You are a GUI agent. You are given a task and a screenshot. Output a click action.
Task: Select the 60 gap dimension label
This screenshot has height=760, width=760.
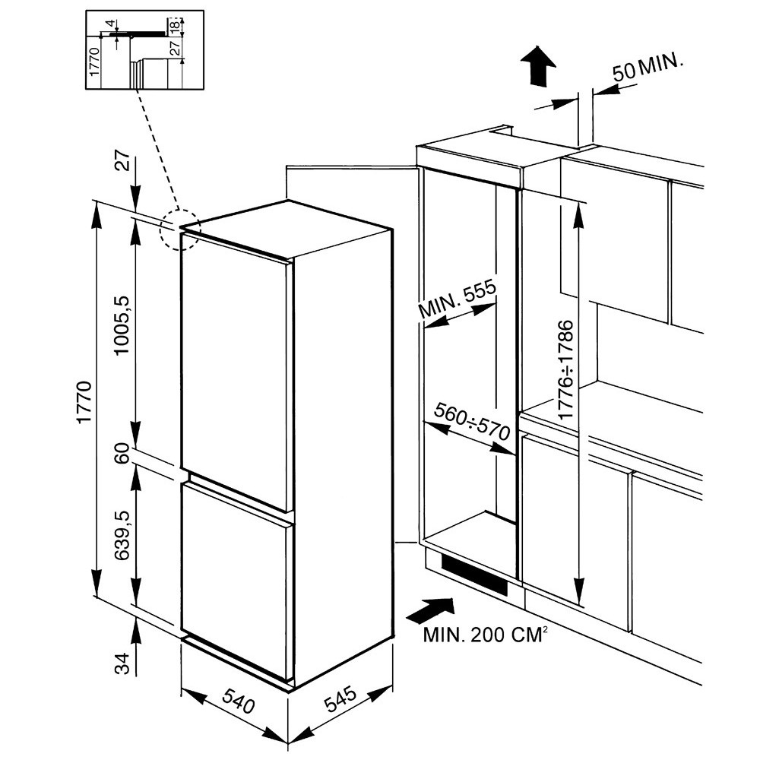[x=120, y=454]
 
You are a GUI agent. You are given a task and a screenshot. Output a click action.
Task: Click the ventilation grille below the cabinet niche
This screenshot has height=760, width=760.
[x=474, y=575]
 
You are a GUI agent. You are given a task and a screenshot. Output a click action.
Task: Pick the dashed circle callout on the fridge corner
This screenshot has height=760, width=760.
[x=179, y=228]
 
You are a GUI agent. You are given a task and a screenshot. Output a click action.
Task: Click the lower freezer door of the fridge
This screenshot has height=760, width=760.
[x=236, y=578]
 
